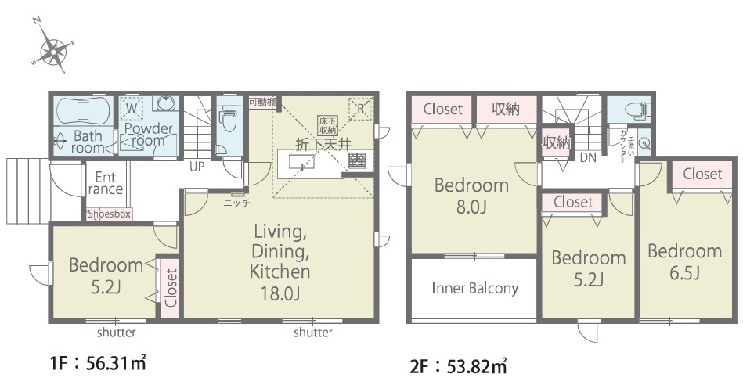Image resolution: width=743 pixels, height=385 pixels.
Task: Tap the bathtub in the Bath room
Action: point(84,110)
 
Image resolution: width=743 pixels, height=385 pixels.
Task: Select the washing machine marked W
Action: point(132,109)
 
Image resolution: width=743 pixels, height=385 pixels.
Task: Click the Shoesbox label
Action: point(109,214)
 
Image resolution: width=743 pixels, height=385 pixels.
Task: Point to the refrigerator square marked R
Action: point(361,109)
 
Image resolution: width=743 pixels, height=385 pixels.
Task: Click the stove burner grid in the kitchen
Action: point(357,160)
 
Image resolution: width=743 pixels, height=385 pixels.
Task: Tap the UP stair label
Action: point(197,167)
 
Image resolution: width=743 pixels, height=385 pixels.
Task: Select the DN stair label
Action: point(588,158)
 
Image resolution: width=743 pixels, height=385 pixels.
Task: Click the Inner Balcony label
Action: point(474,288)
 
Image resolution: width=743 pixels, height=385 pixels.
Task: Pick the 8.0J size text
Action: point(471,207)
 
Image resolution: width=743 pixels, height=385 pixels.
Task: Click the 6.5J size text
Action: point(685,273)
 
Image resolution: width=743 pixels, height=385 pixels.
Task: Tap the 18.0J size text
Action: point(280,293)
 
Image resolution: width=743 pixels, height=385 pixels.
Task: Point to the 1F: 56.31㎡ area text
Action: point(98,363)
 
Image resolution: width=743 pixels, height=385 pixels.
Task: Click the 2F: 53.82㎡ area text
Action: point(458,366)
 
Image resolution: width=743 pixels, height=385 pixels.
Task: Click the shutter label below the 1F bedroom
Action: point(117,333)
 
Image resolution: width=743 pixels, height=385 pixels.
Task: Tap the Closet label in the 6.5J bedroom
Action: point(703,174)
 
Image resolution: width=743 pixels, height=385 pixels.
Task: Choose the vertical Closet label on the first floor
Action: point(171,288)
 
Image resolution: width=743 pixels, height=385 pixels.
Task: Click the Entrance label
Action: point(105,183)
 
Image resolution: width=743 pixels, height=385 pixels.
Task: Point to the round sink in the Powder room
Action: point(165,104)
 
